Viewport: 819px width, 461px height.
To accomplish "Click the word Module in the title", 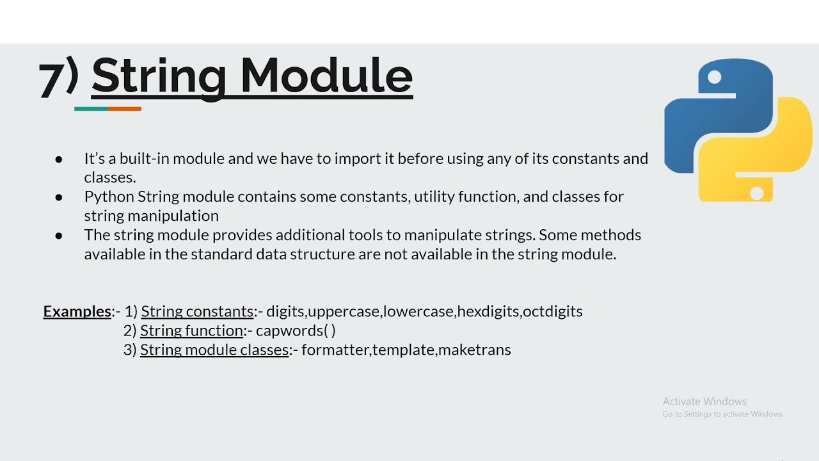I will [x=326, y=77].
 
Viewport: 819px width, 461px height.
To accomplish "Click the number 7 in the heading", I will [x=51, y=80].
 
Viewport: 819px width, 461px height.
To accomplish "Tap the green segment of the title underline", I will [x=91, y=109].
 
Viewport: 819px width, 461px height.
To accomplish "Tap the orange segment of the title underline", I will [x=125, y=109].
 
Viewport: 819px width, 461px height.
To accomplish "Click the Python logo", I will [x=738, y=131].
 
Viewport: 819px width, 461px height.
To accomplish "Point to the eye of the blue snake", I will [x=715, y=77].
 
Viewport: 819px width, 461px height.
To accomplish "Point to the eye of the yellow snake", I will [x=757, y=192].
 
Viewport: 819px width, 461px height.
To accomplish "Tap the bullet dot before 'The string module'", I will [x=59, y=236].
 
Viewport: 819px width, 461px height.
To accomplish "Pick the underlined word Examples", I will [x=77, y=312].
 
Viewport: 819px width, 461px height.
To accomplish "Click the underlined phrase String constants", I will [x=197, y=312].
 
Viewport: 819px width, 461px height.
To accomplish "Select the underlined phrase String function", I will [x=192, y=331].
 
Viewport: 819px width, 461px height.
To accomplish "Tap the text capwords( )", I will [x=296, y=331].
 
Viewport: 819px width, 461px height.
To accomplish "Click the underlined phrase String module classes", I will [x=214, y=350].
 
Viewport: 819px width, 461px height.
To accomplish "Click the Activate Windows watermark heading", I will [x=704, y=401].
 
